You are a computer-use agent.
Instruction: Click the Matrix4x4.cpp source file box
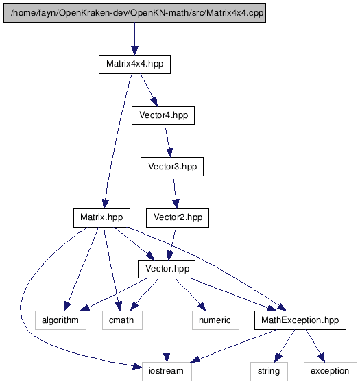click(134, 13)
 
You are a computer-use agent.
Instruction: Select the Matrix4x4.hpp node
click(134, 64)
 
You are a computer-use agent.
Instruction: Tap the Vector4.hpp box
click(163, 115)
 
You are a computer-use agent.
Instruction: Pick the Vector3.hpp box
click(172, 167)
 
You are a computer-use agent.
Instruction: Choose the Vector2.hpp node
click(178, 218)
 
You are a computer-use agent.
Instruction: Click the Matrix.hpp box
click(101, 218)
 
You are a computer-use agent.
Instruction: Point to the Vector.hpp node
click(167, 269)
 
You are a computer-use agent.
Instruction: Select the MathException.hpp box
click(300, 320)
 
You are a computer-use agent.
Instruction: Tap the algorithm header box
click(60, 320)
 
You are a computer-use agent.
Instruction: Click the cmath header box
click(122, 320)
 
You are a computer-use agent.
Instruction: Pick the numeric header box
click(215, 320)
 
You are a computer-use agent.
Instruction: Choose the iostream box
click(167, 371)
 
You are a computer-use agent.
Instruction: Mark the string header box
click(269, 371)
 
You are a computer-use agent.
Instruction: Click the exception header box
click(331, 371)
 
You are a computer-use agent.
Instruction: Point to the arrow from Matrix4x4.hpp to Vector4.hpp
click(149, 90)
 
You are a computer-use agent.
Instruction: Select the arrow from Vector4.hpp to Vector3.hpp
click(168, 141)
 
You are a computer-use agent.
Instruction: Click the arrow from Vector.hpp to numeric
click(191, 295)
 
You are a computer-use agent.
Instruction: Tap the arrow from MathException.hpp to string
click(285, 346)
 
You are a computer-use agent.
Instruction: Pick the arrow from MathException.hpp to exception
click(315, 346)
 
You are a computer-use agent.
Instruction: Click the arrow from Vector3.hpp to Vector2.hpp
click(175, 192)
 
